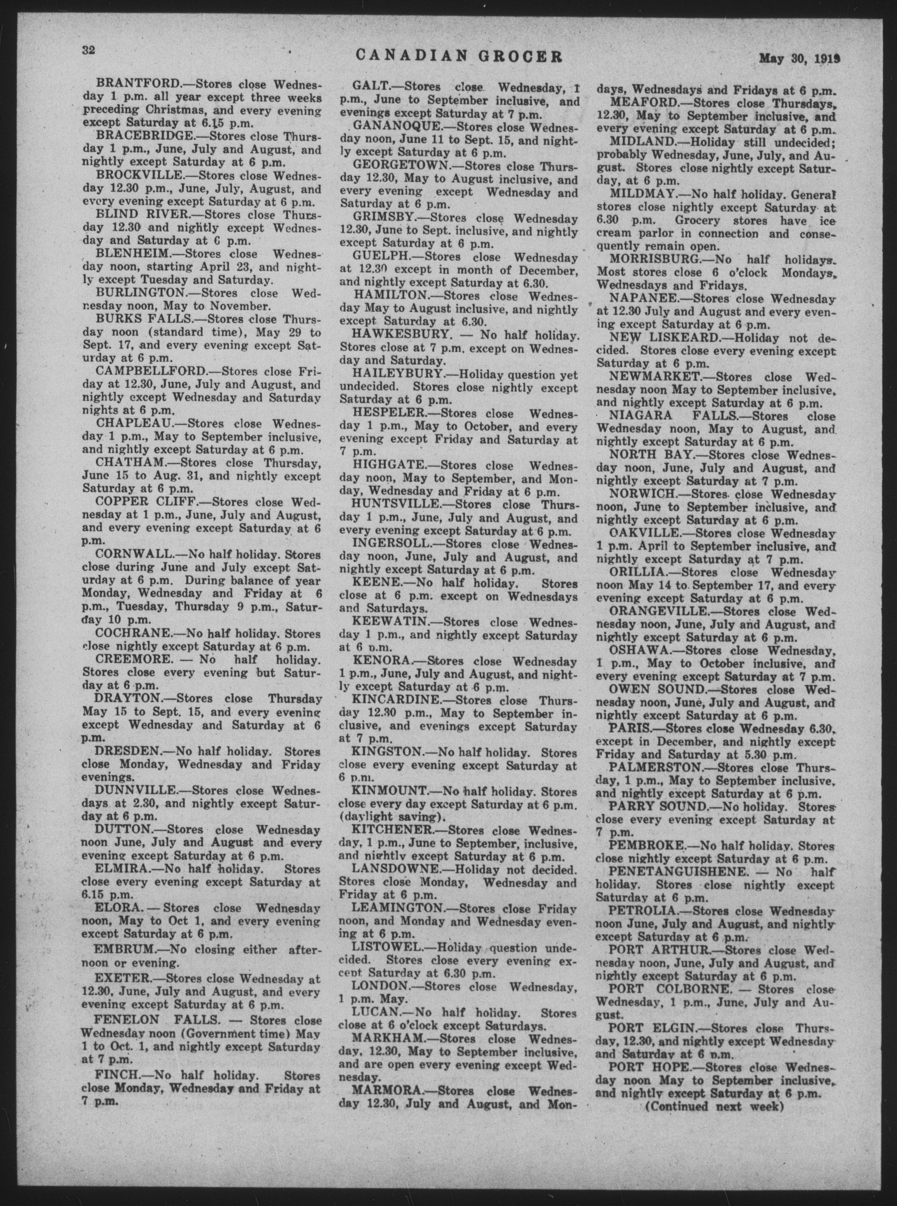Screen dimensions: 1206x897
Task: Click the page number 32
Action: coord(88,51)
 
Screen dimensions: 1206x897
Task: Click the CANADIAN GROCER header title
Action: coord(459,56)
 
